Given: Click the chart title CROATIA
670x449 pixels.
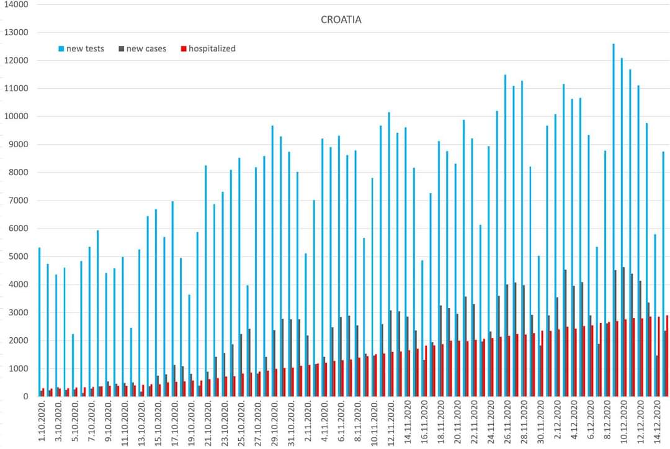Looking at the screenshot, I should [341, 20].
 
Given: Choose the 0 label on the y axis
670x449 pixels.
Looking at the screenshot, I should [25, 397].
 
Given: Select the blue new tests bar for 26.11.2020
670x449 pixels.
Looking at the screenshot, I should [505, 236].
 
